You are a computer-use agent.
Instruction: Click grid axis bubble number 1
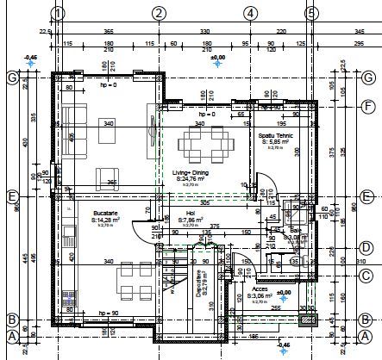(58, 13)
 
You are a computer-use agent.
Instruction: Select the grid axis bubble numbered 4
(249, 13)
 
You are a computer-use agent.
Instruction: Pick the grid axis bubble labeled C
(366, 276)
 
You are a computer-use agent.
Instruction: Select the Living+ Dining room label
(189, 176)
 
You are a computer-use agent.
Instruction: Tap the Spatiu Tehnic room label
(278, 138)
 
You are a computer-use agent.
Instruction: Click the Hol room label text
(190, 215)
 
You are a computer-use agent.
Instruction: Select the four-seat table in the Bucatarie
(128, 276)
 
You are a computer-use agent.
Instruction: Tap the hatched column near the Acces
(306, 320)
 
